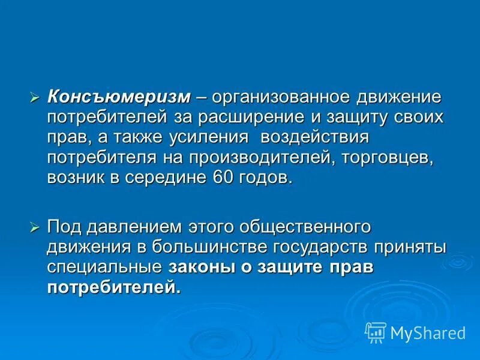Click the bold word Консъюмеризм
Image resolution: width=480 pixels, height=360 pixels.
(119, 97)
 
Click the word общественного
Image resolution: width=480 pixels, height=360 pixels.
(304, 227)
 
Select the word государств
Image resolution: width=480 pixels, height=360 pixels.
(332, 248)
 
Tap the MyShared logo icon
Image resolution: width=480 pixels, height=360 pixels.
(376, 332)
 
